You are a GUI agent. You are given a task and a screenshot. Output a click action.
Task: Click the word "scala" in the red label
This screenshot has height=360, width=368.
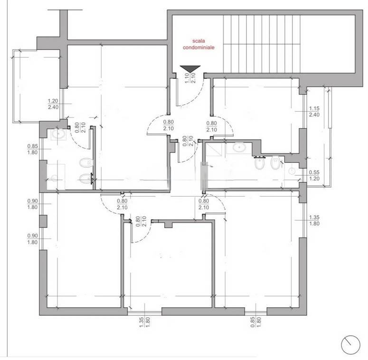(x=198, y=41)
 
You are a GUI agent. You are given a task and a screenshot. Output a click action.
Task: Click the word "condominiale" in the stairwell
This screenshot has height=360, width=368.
(x=198, y=47)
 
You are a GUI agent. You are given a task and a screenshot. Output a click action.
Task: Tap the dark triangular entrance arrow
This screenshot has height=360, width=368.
(x=190, y=69)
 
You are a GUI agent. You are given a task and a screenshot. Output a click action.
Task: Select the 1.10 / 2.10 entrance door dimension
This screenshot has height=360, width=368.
(x=190, y=78)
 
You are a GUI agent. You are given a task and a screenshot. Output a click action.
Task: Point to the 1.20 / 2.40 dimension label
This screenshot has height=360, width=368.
(x=53, y=104)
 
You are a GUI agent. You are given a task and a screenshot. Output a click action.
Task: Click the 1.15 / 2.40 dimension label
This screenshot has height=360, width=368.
(x=314, y=112)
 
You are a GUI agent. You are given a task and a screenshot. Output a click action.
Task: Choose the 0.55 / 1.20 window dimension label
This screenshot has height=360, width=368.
(x=314, y=175)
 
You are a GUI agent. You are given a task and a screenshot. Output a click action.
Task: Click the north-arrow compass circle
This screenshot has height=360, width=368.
(x=350, y=345)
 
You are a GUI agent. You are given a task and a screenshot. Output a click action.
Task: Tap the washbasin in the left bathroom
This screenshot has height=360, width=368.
(x=58, y=134)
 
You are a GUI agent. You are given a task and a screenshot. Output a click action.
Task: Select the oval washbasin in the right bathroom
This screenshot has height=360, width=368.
(x=239, y=148)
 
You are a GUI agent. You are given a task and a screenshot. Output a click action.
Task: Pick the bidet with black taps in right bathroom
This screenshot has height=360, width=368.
(x=259, y=163)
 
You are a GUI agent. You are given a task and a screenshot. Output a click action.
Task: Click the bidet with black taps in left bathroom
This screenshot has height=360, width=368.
(x=86, y=179)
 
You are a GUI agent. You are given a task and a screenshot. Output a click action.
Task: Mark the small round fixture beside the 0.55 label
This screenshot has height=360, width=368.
(x=292, y=171)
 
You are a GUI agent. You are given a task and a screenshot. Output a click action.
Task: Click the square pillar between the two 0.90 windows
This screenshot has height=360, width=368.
(x=43, y=221)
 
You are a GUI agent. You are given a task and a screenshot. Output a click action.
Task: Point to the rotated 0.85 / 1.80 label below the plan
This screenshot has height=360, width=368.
(x=255, y=322)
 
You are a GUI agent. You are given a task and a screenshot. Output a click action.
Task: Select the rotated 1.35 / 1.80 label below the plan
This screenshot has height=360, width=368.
(x=144, y=322)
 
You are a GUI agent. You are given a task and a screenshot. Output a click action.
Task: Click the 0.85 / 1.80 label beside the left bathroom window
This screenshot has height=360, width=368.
(x=32, y=149)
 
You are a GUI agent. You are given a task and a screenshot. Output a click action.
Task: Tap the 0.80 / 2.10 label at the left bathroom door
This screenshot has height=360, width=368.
(x=80, y=127)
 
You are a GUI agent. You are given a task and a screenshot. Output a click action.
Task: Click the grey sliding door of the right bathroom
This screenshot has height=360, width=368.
(x=204, y=176)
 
